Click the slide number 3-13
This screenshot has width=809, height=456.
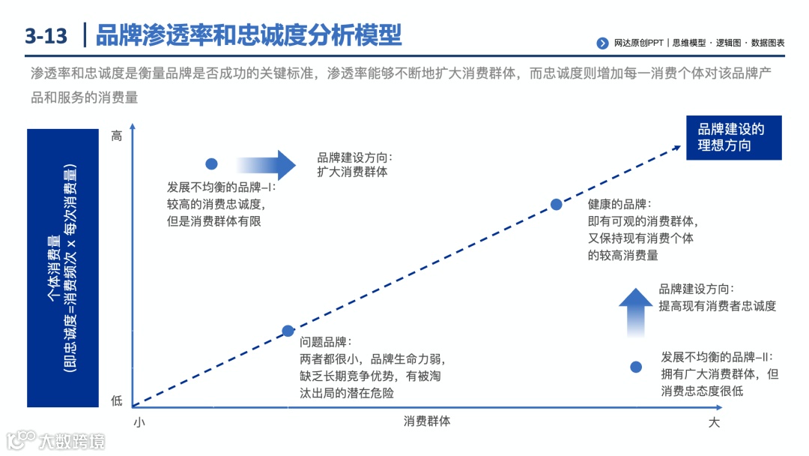point(46,35)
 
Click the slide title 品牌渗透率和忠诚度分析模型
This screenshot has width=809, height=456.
point(249,34)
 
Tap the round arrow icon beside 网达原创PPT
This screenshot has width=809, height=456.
point(602,43)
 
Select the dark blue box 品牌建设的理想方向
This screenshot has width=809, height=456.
point(733,137)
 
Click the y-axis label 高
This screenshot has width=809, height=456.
point(117,136)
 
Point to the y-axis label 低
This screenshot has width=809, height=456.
point(117,401)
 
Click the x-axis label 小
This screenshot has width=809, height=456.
point(139,422)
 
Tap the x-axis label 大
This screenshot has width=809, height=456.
point(714,422)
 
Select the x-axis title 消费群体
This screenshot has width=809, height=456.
point(427,421)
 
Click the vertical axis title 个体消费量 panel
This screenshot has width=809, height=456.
point(63,268)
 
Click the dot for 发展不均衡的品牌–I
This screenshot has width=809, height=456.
point(211,163)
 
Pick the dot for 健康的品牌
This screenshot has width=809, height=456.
point(557,204)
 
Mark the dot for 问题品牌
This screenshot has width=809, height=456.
point(288,331)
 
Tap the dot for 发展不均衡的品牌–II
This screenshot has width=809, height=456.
point(636,367)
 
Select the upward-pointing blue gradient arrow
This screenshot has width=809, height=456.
point(636,312)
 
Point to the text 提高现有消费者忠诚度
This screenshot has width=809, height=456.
point(717,305)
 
